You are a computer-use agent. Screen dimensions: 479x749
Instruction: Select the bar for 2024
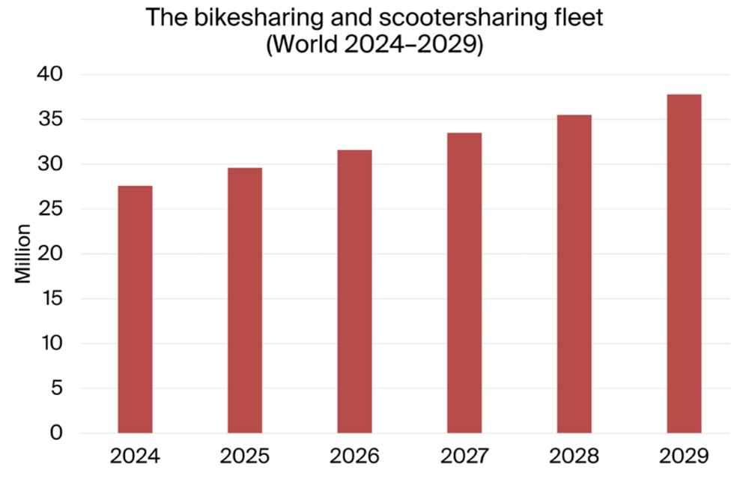[x=135, y=309]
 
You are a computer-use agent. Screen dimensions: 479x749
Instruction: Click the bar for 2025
[x=245, y=300]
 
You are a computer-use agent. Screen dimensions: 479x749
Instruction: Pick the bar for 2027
[x=464, y=283]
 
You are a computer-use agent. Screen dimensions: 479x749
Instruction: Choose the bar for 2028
[x=574, y=274]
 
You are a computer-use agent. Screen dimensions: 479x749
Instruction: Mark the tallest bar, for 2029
[x=684, y=263]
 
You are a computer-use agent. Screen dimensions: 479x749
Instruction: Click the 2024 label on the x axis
[x=135, y=455]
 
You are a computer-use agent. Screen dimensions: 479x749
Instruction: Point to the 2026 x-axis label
[x=354, y=455]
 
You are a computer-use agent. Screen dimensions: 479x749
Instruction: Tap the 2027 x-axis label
[x=464, y=455]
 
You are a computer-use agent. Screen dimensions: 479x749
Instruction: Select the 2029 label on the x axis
[x=684, y=455]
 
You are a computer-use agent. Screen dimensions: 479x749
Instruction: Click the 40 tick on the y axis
[x=52, y=75]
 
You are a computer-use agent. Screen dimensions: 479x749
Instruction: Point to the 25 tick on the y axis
[x=52, y=209]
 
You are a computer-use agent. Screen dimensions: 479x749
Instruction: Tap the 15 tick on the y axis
[x=52, y=299]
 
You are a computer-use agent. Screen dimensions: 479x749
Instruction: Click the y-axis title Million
[x=24, y=253]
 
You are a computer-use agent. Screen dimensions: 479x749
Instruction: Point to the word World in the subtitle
[x=306, y=43]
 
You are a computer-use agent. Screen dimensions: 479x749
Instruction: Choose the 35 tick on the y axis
[x=52, y=120]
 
